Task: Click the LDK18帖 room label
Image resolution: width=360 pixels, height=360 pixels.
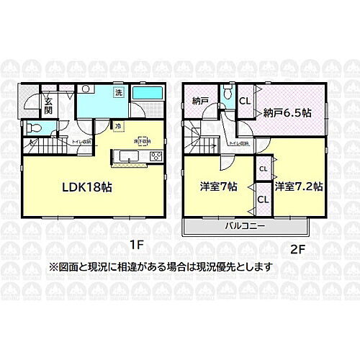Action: [81, 187]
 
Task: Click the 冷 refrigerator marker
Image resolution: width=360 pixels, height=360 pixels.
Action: [117, 125]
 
